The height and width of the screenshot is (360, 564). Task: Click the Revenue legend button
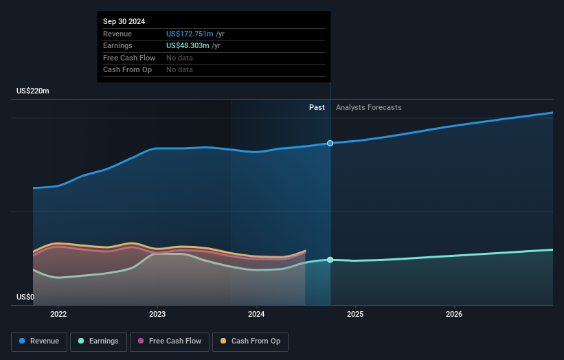click(x=39, y=341)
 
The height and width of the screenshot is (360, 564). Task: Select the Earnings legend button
click(x=98, y=341)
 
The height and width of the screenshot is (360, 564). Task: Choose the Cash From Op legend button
click(x=251, y=341)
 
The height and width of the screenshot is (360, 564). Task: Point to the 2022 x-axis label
click(x=58, y=315)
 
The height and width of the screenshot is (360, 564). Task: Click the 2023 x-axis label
click(x=157, y=315)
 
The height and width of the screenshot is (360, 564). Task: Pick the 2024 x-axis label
click(x=256, y=315)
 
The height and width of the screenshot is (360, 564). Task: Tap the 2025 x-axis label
click(x=355, y=315)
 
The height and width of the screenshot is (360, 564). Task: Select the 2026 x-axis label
click(x=454, y=315)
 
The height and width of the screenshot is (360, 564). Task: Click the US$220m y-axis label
click(x=33, y=91)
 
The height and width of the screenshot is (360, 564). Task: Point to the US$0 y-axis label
click(x=25, y=297)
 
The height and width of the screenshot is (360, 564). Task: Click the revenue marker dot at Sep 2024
click(x=330, y=143)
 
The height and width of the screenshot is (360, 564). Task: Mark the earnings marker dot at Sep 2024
click(x=330, y=260)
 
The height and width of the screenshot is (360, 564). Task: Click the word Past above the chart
click(x=317, y=107)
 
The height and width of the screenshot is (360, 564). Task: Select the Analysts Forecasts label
click(x=368, y=107)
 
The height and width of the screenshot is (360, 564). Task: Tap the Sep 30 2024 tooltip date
click(x=124, y=22)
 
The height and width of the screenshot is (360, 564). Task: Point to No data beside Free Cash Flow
click(x=179, y=58)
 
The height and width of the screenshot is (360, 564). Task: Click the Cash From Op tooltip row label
click(x=127, y=69)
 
